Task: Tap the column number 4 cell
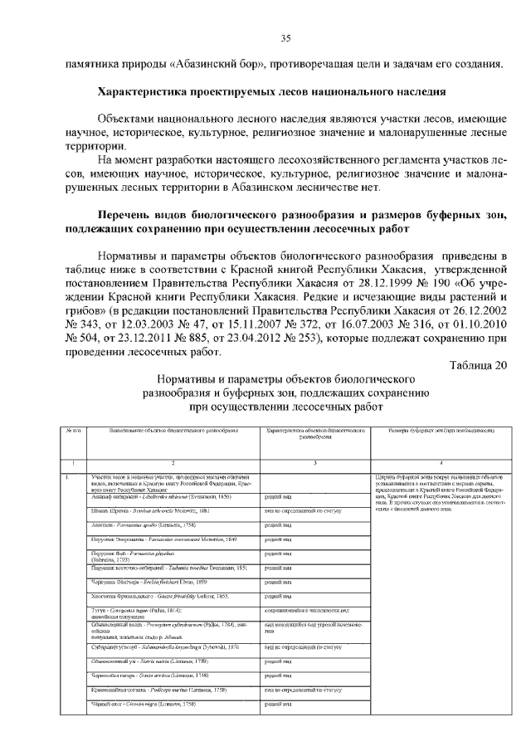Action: (441, 462)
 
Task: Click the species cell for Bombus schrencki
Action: (150, 510)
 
